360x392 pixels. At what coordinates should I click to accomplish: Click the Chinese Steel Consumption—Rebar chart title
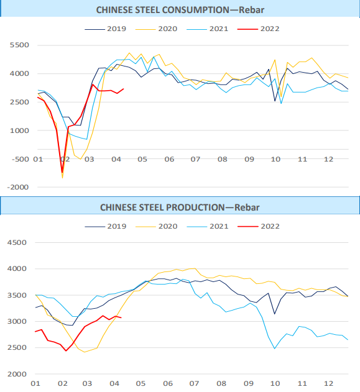(179, 9)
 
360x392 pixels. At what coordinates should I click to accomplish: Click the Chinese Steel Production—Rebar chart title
(180, 207)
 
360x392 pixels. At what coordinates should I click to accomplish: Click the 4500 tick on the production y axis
(17, 242)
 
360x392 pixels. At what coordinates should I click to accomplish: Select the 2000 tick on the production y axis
(17, 375)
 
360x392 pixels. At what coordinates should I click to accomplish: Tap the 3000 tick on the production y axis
(17, 322)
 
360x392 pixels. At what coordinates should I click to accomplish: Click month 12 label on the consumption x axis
(328, 160)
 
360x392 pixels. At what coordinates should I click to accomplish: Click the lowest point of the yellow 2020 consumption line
(62, 178)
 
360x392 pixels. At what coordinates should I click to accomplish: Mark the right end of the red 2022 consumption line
(124, 89)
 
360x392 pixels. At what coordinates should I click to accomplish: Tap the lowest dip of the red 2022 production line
(66, 351)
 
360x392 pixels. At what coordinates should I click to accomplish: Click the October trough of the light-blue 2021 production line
(274, 349)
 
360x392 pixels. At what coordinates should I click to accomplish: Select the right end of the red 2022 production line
(121, 318)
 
